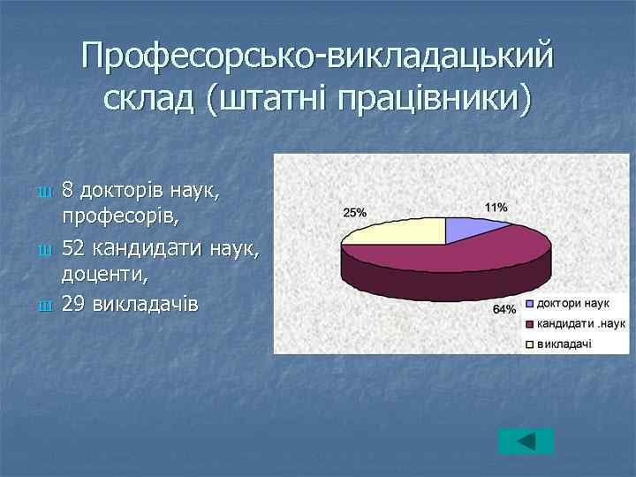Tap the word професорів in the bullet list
coord(109,215)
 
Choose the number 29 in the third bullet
coord(73,304)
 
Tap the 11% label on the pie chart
coord(496,207)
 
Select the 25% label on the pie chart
coord(355,213)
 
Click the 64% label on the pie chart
coord(504,309)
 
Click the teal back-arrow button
coord(525,441)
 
